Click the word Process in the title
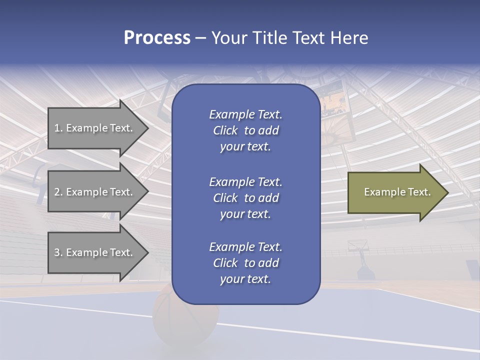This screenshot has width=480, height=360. click(157, 38)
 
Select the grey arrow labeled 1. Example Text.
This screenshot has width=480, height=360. click(95, 128)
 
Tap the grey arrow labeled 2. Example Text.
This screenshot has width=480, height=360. click(95, 192)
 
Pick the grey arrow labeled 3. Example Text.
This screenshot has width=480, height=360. click(95, 253)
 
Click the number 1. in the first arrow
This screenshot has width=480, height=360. click(58, 128)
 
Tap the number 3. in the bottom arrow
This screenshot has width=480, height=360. click(58, 253)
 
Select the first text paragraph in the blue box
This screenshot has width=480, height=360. click(245, 130)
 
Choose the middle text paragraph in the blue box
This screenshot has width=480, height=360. click(245, 198)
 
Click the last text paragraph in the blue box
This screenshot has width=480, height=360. click(245, 263)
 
